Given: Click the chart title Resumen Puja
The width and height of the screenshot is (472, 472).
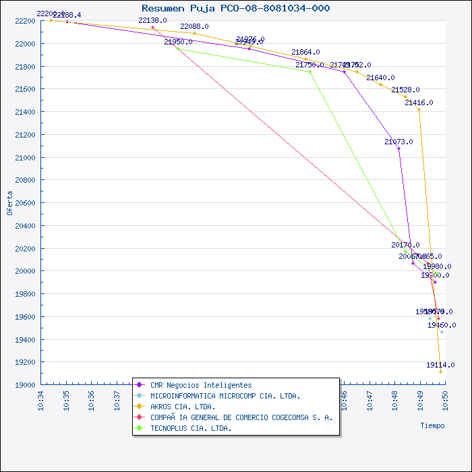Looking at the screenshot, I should coord(236,8).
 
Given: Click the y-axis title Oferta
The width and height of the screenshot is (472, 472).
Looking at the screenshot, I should coord(9,202).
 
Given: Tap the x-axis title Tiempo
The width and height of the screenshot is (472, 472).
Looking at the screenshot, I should coord(432,425).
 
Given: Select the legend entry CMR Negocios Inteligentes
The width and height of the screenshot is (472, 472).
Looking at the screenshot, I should coord(201,385).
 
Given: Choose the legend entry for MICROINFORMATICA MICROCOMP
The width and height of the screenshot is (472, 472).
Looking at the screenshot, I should coord(225,396).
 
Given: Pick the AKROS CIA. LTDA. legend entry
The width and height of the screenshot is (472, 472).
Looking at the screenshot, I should coord(183,407).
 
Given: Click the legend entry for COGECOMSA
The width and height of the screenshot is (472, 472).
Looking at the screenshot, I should coord(241,417).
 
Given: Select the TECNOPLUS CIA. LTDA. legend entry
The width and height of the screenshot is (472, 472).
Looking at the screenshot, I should coord(191,428).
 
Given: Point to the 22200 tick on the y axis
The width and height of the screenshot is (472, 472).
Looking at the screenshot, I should coord(24,21).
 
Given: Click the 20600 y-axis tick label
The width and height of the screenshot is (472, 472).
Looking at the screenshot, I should coord(24,203).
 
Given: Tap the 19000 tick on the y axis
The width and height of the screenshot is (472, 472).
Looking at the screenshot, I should coord(24,385).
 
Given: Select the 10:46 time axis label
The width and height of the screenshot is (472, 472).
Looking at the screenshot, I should coord(344,400).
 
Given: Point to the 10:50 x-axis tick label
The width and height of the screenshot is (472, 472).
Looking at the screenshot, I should coord(445,400).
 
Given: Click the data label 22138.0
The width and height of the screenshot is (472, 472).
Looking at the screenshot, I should coord(152,21).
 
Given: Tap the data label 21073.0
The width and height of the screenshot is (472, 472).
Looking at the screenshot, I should coord(399,142).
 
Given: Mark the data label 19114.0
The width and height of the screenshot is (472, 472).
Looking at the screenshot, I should coord(440,365).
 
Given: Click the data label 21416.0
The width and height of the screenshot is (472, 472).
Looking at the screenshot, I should coord(419,102).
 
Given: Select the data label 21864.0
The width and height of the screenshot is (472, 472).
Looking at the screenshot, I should coord(305,52).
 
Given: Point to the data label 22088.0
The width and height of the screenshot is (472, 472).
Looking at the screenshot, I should coord(194,26).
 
